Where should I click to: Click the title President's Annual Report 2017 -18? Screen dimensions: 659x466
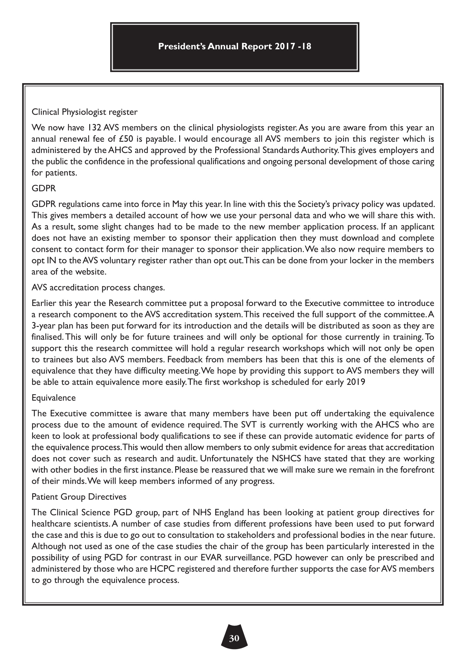[x=234, y=46]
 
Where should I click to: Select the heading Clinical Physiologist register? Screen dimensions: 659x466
[x=84, y=112]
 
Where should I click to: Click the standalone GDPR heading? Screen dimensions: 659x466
[x=44, y=188]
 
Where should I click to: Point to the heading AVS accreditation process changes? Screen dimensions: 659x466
[x=98, y=288]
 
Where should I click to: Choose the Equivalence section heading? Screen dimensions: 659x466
[x=54, y=398]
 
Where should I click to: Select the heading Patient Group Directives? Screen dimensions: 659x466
[x=79, y=497]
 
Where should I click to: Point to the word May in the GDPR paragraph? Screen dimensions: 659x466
[x=179, y=204]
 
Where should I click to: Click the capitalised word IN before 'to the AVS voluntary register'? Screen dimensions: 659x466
[x=50, y=261]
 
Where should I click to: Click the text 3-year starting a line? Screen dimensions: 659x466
[x=43, y=326]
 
